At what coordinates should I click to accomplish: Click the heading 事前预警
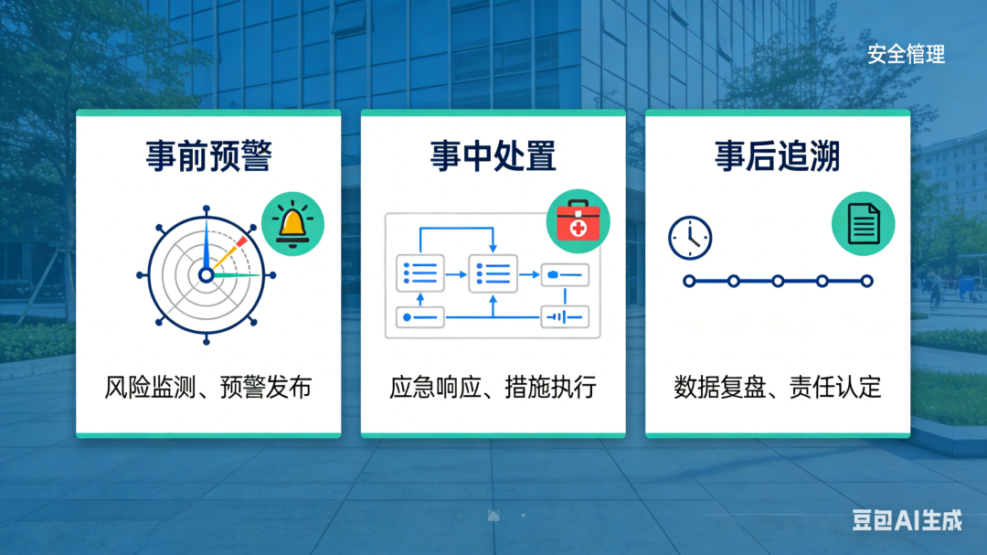tap(209, 156)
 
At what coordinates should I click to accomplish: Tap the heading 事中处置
tap(493, 156)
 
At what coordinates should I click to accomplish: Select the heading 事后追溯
tap(778, 156)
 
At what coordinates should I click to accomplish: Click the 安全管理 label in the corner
tap(906, 55)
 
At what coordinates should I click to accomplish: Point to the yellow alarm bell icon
tap(292, 224)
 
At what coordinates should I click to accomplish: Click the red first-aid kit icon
tap(578, 221)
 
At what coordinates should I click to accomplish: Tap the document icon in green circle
tap(863, 224)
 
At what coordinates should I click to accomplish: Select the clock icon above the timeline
tap(690, 238)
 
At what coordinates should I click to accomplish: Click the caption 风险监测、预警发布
tap(207, 387)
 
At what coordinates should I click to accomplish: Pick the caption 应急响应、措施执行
tap(493, 387)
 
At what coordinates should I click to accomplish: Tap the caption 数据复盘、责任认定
tap(778, 387)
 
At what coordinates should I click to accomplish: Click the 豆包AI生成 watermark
tap(907, 520)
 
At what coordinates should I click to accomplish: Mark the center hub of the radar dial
tap(206, 275)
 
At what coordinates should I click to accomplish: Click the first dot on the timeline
tap(689, 281)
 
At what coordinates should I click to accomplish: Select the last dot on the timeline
tap(866, 281)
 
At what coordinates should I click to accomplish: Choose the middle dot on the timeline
tap(778, 281)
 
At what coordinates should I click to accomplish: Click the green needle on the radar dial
tap(236, 275)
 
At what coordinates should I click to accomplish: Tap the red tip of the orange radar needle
tap(241, 241)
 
